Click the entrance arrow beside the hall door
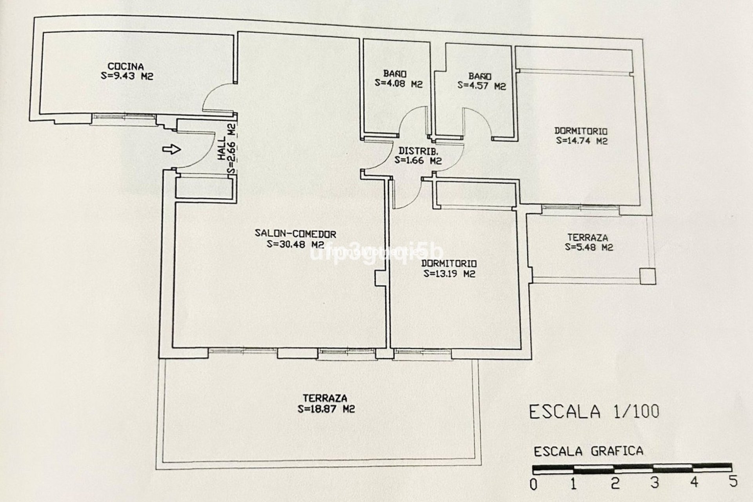click(x=171, y=149)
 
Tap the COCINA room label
click(x=125, y=66)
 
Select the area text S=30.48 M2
click(x=295, y=244)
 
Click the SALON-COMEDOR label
click(x=295, y=234)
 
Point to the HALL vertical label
click(x=222, y=148)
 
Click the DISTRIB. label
click(x=418, y=151)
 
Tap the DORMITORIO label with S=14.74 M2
click(x=580, y=131)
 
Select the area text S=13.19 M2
click(x=449, y=274)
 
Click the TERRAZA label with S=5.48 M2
click(x=587, y=238)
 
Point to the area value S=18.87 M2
click(x=326, y=409)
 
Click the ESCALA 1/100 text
click(x=594, y=412)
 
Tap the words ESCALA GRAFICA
click(x=588, y=451)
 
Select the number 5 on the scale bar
click(x=733, y=482)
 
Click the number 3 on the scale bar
click(x=654, y=483)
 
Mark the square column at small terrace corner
click(x=648, y=276)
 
